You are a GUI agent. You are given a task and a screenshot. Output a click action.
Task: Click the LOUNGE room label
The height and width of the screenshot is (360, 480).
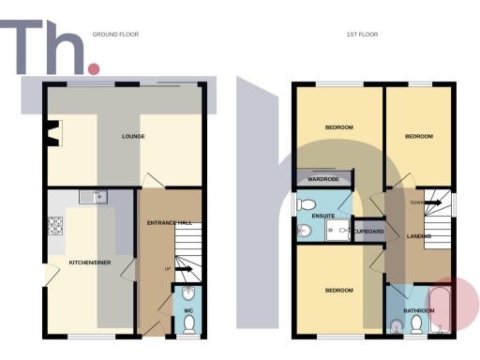[x=132, y=137]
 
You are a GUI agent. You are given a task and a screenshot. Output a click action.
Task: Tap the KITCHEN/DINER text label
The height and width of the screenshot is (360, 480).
[x=90, y=262]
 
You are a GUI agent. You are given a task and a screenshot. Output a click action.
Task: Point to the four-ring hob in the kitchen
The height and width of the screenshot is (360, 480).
[x=54, y=225]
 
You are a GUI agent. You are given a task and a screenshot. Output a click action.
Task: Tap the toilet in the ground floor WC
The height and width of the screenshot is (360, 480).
[x=188, y=323]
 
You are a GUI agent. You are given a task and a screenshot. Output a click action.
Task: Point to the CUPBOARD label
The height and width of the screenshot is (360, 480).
[x=368, y=231]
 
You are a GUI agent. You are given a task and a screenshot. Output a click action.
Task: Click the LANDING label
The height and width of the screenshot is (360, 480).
[x=418, y=236]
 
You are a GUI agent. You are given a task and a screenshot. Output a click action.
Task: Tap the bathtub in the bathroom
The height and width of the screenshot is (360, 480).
[x=441, y=312]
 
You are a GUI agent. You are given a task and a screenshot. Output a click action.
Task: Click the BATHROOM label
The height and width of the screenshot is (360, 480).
[x=418, y=309]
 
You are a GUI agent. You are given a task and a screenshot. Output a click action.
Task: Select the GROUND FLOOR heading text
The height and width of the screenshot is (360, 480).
[x=115, y=34]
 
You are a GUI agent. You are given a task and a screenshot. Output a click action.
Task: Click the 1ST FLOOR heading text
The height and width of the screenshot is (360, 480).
[x=360, y=34]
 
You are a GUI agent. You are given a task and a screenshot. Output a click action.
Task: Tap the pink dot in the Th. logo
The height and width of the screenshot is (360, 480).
[x=93, y=68]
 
